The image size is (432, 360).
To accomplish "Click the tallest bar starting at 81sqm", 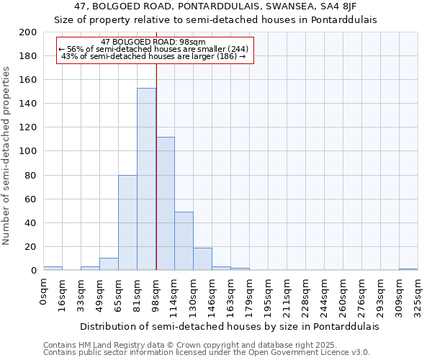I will point(146,179).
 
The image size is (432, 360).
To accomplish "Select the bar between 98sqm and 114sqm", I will point(165,204).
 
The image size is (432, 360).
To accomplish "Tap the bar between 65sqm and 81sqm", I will point(127,222).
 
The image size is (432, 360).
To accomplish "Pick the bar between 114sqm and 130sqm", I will point(184,241).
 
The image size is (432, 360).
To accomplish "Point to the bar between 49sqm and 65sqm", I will point(109,264).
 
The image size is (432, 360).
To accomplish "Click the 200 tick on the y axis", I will point(28,32).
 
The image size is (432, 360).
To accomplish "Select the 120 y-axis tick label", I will point(28,127).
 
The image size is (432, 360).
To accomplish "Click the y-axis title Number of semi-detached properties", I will point(7,155).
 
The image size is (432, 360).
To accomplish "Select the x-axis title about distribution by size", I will point(229,326).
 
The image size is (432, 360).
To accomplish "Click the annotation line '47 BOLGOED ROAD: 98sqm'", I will point(153,42).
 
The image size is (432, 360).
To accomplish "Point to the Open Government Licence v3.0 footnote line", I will point(207,353).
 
